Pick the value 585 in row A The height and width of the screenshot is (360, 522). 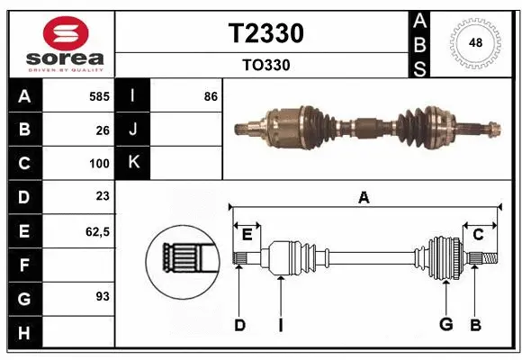[99, 95]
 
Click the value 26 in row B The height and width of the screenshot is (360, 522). [103, 130]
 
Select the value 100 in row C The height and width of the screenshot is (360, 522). [99, 164]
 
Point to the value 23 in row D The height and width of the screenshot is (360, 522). [103, 196]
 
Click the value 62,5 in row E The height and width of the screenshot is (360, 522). [97, 230]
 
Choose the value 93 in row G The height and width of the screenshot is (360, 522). [103, 295]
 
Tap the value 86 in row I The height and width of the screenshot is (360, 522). [211, 95]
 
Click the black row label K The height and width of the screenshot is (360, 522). [133, 163]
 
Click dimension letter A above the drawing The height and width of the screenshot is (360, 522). [364, 198]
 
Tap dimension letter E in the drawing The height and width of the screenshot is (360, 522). [246, 235]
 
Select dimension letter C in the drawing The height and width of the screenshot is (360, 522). [478, 235]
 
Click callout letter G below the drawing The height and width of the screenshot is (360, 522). [445, 325]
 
